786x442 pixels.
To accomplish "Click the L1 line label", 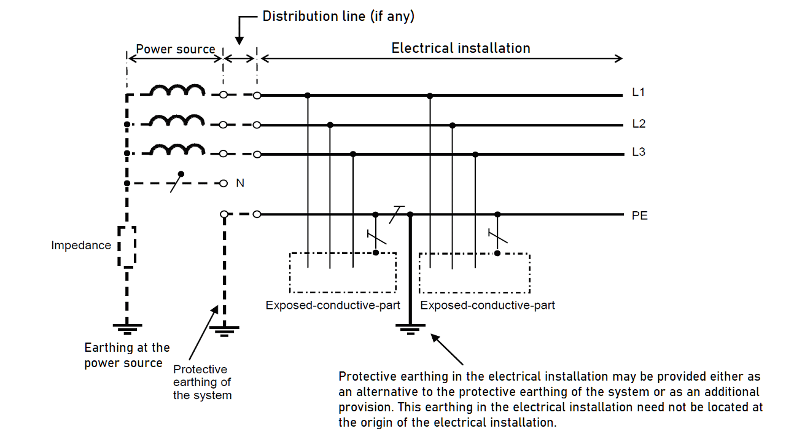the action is (638, 92).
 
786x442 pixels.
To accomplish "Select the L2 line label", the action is (639, 124).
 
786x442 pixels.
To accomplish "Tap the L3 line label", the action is (639, 152).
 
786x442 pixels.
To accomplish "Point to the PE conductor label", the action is (640, 215).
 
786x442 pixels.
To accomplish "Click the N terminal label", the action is (240, 183).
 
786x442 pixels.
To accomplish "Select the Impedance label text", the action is (81, 245).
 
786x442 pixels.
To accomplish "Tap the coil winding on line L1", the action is (177, 90).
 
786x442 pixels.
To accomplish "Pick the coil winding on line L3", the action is (177, 149).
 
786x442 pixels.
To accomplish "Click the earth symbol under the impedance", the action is (127, 328).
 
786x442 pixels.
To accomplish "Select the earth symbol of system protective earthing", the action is (224, 331).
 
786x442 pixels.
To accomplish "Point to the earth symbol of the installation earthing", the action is (410, 329).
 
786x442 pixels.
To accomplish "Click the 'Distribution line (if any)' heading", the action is (338, 17).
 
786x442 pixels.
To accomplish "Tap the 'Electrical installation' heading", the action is (461, 48).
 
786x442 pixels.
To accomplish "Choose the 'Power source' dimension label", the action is (176, 49).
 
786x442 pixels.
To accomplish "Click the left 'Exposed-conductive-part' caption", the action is (333, 305).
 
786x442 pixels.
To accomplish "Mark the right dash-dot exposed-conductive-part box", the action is (475, 293).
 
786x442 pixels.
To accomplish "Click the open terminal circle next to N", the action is (224, 183).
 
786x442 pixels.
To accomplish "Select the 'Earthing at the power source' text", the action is (127, 355).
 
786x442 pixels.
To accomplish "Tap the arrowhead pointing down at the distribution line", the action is (239, 40).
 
